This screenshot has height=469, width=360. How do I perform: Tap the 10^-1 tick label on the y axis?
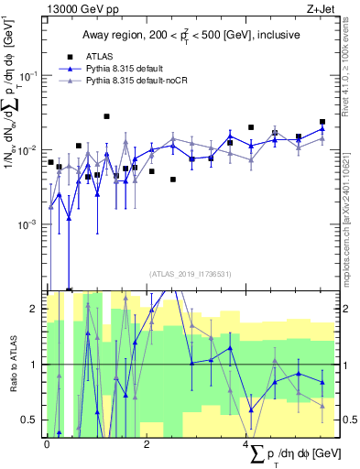click(x=32, y=74)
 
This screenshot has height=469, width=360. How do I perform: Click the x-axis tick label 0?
click(x=48, y=443)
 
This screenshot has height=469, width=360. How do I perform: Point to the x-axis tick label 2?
click(x=147, y=443)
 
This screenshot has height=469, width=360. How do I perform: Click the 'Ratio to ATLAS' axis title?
click(x=11, y=365)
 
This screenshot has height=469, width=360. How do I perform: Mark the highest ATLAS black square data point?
click(x=107, y=116)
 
